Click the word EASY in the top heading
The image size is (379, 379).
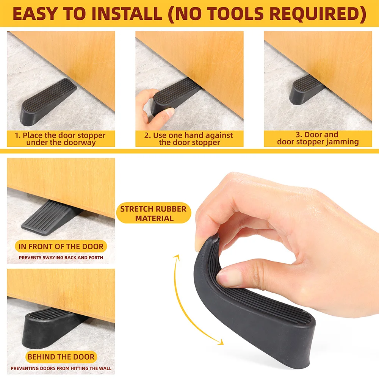(x=34, y=14)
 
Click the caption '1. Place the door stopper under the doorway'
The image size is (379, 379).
(x=60, y=139)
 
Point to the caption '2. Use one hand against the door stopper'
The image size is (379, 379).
(x=189, y=139)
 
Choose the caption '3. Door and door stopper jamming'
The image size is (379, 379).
(x=318, y=138)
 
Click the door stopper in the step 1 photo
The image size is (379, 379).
(x=49, y=102)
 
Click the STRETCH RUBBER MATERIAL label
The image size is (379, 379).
(x=153, y=213)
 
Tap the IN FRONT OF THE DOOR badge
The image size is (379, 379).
(x=61, y=246)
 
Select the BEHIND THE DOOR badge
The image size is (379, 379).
(x=61, y=357)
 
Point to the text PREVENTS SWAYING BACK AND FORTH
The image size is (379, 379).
(x=61, y=258)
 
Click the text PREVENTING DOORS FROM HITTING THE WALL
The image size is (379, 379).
(x=61, y=368)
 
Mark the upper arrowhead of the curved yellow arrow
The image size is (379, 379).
(x=178, y=258)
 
